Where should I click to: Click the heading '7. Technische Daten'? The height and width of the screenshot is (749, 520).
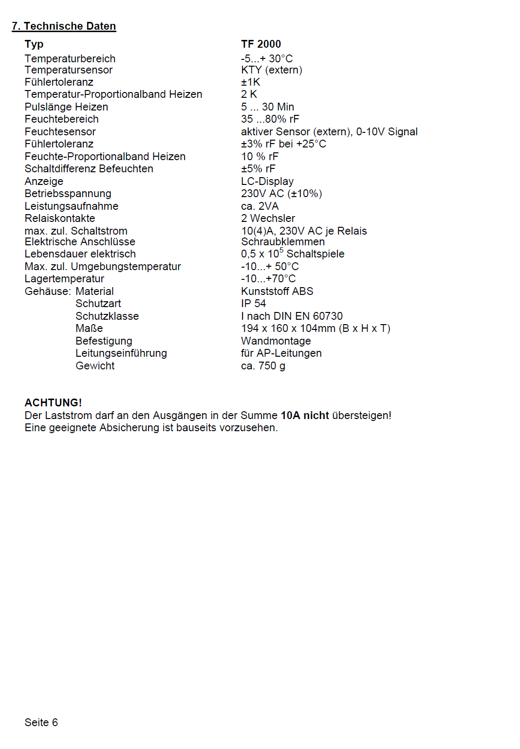[64, 26]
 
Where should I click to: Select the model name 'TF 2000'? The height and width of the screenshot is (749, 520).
[261, 44]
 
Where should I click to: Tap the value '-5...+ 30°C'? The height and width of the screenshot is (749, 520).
[267, 59]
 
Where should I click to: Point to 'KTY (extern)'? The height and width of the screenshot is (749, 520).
[272, 70]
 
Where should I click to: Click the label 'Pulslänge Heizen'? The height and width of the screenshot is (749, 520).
[66, 107]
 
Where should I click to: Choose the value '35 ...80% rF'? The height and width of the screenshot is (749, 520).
[270, 119]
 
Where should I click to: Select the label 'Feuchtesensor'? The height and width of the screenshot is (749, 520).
[60, 132]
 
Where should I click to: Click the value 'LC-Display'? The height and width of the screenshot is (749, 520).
[267, 182]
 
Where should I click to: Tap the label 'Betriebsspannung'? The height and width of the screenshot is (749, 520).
[68, 194]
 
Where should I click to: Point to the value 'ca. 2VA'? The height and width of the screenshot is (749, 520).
[260, 206]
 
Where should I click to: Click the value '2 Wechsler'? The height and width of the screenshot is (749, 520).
[268, 219]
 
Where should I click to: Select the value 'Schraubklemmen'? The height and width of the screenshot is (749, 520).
[283, 242]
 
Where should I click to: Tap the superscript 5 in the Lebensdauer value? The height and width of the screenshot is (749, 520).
[281, 250]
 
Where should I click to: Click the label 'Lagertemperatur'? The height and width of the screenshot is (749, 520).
[64, 279]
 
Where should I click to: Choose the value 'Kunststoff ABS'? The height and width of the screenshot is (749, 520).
[277, 292]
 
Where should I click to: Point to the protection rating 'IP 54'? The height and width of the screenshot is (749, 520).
[254, 304]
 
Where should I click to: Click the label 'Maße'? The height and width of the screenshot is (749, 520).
[89, 329]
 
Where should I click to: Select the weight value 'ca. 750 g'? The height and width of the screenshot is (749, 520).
[263, 366]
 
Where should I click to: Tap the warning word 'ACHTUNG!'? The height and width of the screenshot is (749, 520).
[53, 403]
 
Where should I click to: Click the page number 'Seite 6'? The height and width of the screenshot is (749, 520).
[41, 723]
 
